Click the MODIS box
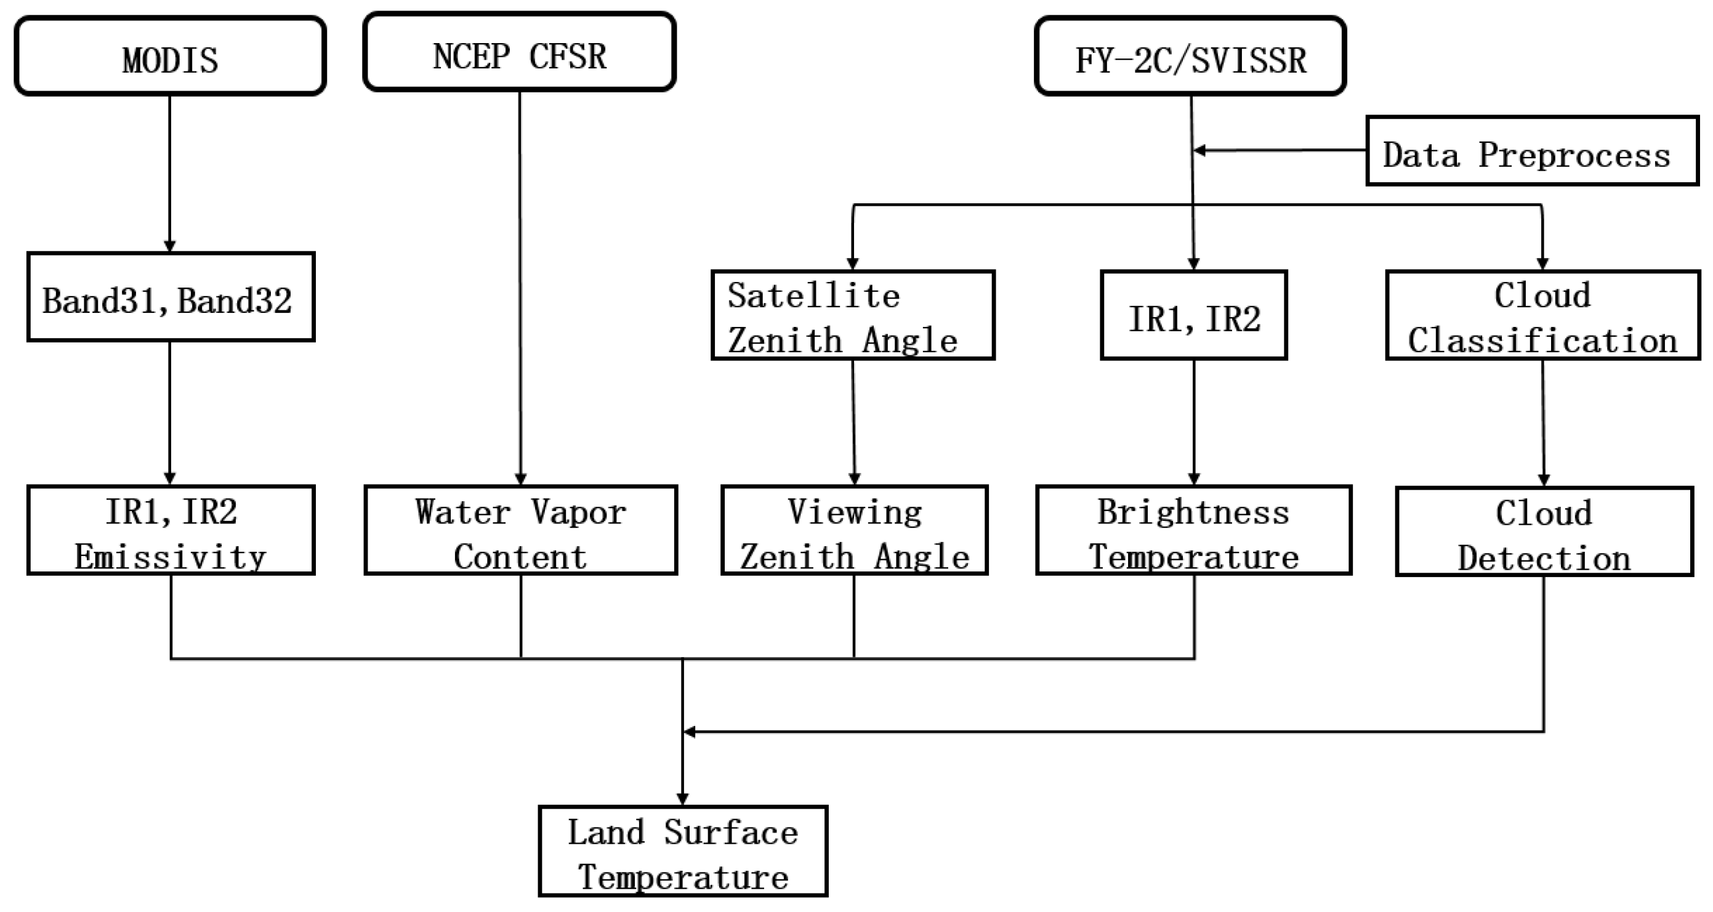(x=170, y=57)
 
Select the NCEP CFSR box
(x=519, y=52)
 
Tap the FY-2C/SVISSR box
(x=1190, y=57)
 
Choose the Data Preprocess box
(x=1532, y=151)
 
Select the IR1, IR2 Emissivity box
(x=170, y=530)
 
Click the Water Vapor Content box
(x=521, y=530)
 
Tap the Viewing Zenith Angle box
(x=855, y=530)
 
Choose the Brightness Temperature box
(x=1194, y=530)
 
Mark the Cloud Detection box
(x=1544, y=531)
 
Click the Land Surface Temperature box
(x=683, y=851)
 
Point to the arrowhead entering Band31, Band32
(x=169, y=246)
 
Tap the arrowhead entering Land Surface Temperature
(x=682, y=799)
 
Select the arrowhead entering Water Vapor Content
(x=521, y=479)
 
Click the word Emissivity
(x=170, y=557)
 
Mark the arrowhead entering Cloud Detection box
(x=1544, y=480)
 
